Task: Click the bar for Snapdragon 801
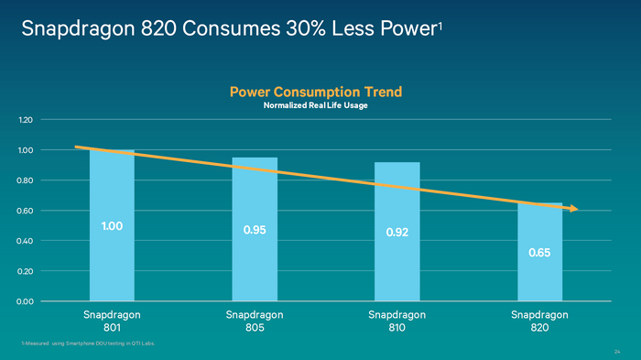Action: (112, 266)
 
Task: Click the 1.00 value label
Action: (112, 226)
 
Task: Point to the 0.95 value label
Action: (255, 230)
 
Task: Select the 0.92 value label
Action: (397, 233)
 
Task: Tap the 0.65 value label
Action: (540, 251)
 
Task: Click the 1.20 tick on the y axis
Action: (25, 120)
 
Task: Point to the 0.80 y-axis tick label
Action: (25, 180)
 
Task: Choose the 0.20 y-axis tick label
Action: (25, 271)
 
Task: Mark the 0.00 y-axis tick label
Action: (25, 301)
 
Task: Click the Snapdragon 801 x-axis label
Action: (112, 321)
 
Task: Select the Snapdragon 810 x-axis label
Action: (397, 321)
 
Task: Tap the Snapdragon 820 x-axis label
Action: (540, 321)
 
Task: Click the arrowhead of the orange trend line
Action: (573, 209)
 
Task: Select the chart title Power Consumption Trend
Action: (316, 92)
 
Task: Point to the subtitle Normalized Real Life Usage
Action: (316, 106)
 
